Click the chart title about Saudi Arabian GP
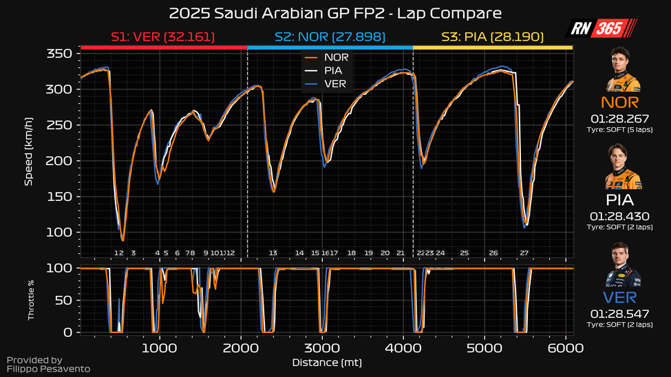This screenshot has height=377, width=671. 335,13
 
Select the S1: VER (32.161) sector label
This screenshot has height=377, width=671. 163,36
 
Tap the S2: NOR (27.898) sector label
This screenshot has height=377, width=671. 330,36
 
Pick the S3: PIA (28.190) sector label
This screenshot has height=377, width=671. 493,36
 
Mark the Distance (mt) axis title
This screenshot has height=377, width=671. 327,362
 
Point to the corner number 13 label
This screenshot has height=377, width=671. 273,253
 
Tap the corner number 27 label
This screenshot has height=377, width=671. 524,253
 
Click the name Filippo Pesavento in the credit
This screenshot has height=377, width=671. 48,369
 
